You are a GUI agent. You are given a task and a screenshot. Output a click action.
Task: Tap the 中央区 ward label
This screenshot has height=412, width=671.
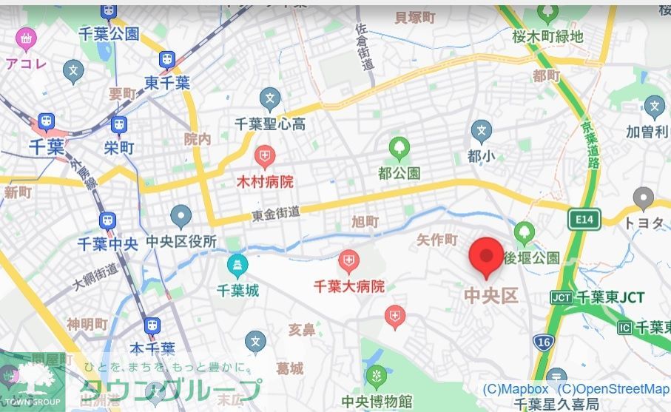coord(490,296)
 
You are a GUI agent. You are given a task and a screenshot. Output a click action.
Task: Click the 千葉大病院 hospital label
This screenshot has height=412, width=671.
coord(349,286)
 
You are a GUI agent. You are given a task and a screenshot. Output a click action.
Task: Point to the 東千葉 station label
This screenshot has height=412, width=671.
coord(167,82)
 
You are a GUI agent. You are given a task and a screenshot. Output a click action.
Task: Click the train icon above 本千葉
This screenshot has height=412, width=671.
coord(152,325)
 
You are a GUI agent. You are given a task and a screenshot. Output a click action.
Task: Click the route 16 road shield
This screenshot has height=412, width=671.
coord(543,341)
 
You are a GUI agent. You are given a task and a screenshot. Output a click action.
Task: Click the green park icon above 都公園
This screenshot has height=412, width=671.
coord(399,149)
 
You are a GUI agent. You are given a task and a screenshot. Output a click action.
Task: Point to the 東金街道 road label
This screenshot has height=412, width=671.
coord(276,212)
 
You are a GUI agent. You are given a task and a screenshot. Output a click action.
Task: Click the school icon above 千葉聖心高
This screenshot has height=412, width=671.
coord(270,98)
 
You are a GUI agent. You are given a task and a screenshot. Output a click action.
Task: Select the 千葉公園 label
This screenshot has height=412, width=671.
coord(109,33)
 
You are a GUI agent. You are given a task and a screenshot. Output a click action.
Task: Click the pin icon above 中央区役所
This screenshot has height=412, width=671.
coord(181,217)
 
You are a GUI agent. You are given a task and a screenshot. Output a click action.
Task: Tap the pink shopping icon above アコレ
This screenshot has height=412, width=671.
coord(27,37)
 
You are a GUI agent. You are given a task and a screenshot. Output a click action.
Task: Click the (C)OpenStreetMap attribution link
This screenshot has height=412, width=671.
coord(613,389)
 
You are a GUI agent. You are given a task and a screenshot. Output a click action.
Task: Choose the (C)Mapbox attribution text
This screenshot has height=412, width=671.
coord(516,389)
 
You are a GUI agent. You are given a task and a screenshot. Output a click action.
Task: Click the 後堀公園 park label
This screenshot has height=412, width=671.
coord(532,258)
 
